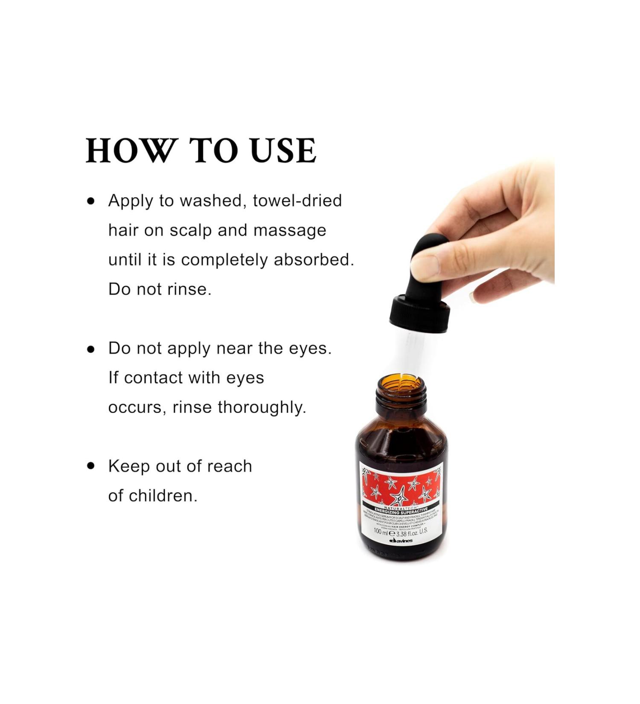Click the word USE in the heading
tap(283, 151)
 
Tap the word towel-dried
tap(297, 201)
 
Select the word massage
tap(290, 230)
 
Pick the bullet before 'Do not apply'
tap(90, 349)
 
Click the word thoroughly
tap(262, 407)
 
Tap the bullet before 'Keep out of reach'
tap(90, 466)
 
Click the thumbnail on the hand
tap(425, 267)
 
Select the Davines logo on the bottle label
tap(401, 541)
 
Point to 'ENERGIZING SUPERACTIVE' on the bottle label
tap(401, 510)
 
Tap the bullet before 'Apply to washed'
tap(90, 201)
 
